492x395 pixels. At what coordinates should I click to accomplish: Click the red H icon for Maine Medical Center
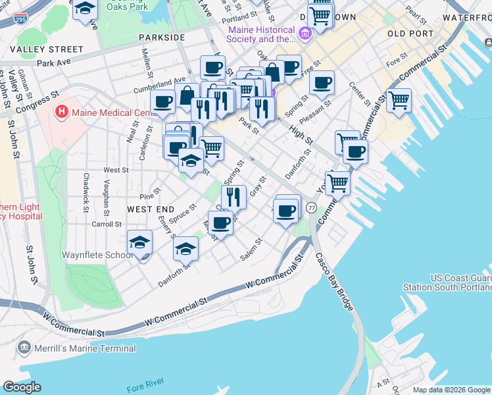(x=62, y=111)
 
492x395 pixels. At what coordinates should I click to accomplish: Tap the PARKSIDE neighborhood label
(x=162, y=38)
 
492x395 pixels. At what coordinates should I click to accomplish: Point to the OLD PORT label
(x=410, y=34)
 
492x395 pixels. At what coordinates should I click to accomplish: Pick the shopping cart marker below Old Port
(x=399, y=101)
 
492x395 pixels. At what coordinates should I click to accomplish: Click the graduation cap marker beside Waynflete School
(x=139, y=242)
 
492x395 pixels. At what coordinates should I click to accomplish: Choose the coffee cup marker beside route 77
(x=287, y=211)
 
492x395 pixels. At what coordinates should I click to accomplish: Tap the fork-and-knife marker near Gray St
(x=234, y=196)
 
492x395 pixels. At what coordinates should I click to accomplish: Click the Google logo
(x=22, y=387)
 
